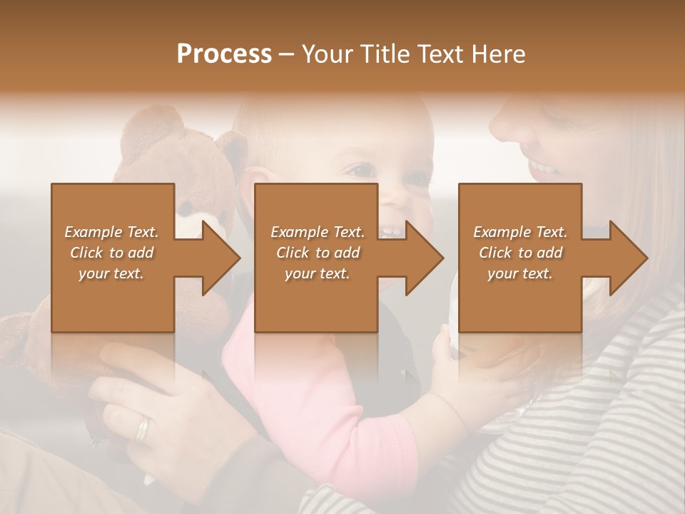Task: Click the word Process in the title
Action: (x=224, y=54)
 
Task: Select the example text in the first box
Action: (x=111, y=253)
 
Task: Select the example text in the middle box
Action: (x=318, y=253)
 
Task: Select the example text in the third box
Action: (x=520, y=253)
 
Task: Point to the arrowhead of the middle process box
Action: (x=423, y=258)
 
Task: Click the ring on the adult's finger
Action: (x=143, y=428)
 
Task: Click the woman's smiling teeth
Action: (x=544, y=169)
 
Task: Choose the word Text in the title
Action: (x=440, y=54)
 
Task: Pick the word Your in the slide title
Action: (x=327, y=54)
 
